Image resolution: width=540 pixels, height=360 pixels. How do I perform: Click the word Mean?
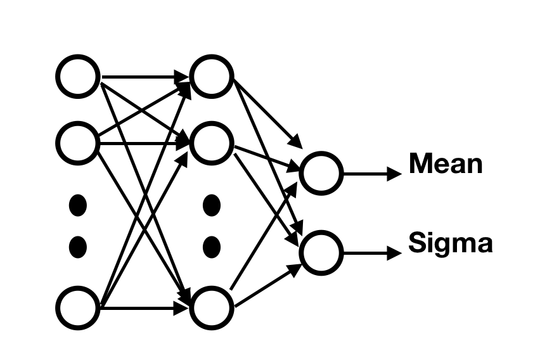(x=445, y=164)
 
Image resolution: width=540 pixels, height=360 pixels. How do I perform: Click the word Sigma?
(x=450, y=244)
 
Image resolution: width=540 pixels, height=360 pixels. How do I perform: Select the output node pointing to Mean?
(x=321, y=172)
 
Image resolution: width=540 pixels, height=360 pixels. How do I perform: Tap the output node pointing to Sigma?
(x=321, y=252)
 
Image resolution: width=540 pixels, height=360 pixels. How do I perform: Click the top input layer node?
(x=78, y=77)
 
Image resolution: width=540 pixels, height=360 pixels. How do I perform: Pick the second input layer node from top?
(x=78, y=144)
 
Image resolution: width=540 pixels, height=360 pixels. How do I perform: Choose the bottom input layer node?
(x=78, y=308)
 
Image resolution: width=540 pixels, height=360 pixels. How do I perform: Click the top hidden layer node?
(x=212, y=77)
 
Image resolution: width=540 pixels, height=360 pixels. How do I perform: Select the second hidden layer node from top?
(x=212, y=144)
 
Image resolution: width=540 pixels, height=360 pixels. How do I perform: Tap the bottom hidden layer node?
(x=212, y=308)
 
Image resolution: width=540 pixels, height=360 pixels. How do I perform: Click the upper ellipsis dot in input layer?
(x=77, y=205)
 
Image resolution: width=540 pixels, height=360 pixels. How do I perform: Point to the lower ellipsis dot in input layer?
(x=77, y=246)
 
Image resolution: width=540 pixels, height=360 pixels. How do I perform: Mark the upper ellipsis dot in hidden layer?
(x=211, y=205)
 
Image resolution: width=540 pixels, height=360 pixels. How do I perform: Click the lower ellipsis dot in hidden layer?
(x=211, y=246)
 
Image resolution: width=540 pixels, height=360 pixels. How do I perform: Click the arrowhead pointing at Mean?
(x=395, y=172)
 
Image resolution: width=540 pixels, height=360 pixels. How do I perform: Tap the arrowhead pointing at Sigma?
(x=395, y=252)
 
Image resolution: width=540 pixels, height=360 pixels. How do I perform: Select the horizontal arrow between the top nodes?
(x=143, y=77)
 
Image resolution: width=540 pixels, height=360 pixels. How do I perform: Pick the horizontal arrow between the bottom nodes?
(x=143, y=309)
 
